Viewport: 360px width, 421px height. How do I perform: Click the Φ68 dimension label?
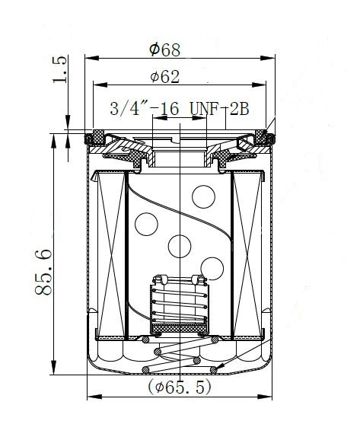pyautogui.click(x=165, y=49)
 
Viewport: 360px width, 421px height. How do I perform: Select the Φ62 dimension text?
pyautogui.click(x=165, y=77)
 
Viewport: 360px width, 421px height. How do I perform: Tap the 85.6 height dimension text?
pyautogui.click(x=43, y=273)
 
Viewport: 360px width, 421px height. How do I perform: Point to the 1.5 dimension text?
pyautogui.click(x=59, y=69)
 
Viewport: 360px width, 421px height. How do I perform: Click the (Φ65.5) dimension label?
pyautogui.click(x=180, y=387)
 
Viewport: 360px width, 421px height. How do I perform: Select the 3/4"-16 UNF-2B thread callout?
pyautogui.click(x=180, y=109)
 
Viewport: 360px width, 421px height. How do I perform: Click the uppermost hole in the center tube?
pyautogui.click(x=203, y=197)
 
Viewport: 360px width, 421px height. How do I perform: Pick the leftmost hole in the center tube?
pyautogui.click(x=146, y=224)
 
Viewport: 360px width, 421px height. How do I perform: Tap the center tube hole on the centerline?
pyautogui.click(x=180, y=246)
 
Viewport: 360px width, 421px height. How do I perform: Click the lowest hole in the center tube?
pyautogui.click(x=212, y=269)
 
